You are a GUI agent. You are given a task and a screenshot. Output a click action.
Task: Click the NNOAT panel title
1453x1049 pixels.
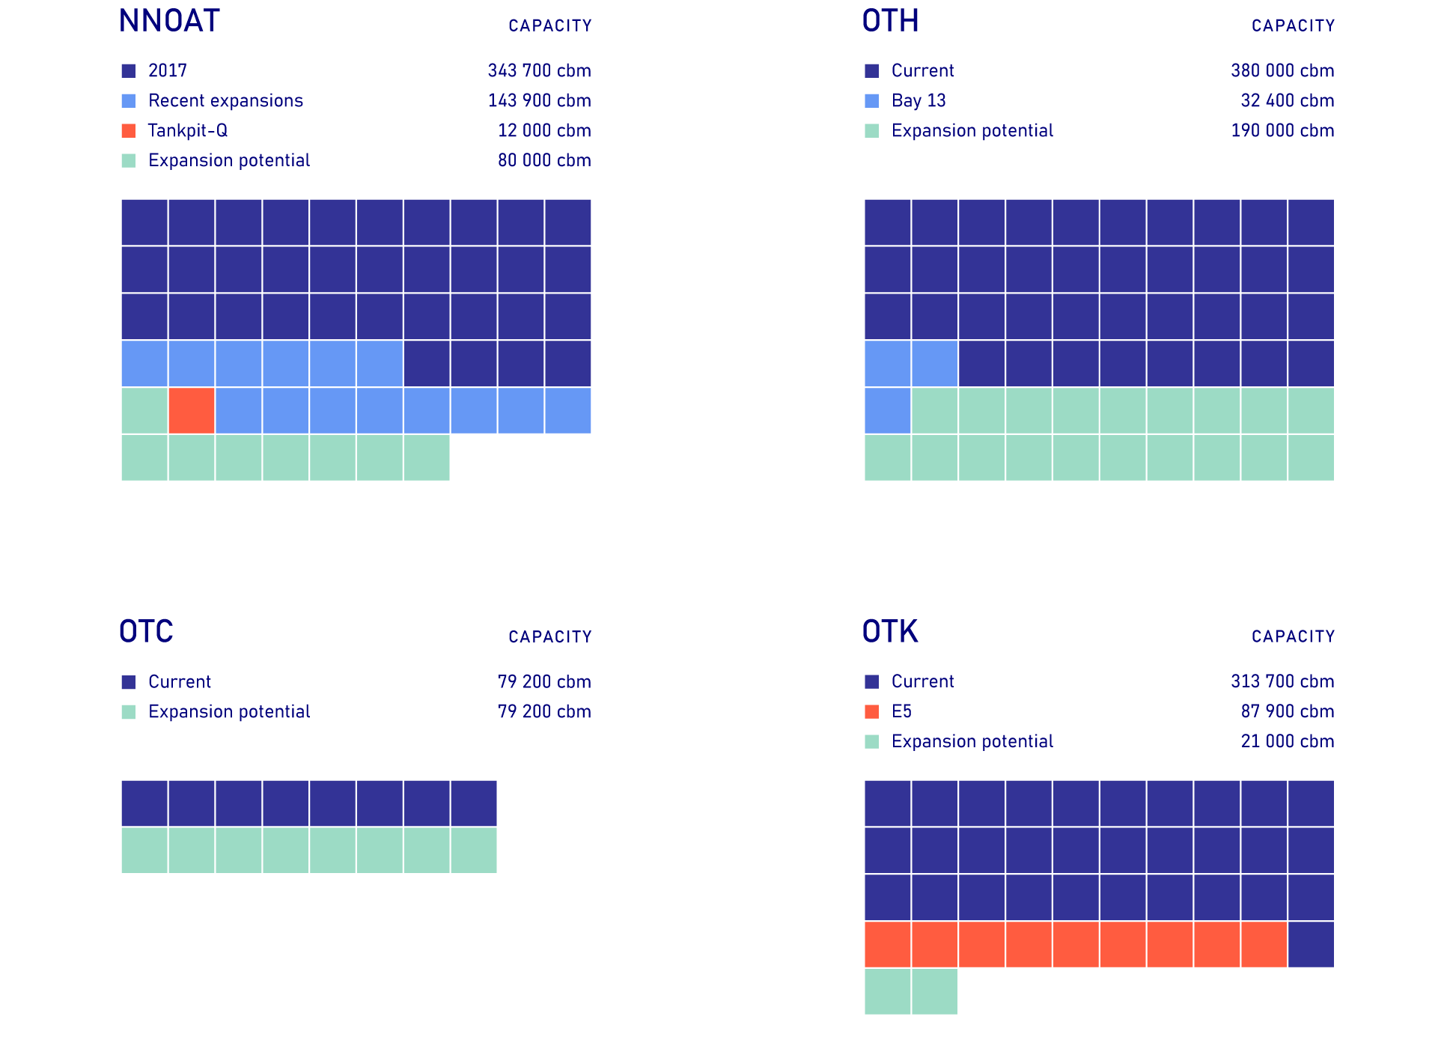pos(169,21)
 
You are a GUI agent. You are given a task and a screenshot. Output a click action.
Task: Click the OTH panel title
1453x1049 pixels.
pos(890,21)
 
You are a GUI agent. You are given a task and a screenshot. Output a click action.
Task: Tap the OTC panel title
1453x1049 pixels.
pos(146,632)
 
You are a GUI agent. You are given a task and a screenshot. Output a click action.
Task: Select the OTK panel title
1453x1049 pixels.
pos(890,632)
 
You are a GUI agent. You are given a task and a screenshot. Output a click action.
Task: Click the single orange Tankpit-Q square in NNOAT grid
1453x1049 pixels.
pos(192,410)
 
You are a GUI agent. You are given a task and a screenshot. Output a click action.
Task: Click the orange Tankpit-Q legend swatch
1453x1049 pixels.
pos(129,131)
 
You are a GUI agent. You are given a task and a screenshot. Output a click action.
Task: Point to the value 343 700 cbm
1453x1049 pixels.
pos(539,71)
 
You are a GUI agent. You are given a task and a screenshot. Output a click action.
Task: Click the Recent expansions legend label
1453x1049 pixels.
pos(225,101)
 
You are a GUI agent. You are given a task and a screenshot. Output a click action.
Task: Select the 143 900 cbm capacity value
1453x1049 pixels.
pos(539,101)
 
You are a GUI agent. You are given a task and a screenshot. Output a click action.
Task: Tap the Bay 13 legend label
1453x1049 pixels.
pos(919,101)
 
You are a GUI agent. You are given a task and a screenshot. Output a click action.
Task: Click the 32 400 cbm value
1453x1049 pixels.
pos(1288,101)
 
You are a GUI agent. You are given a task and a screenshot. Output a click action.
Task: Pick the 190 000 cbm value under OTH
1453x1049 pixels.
pos(1282,131)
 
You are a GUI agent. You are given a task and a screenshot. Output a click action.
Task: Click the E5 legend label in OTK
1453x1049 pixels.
pos(901,711)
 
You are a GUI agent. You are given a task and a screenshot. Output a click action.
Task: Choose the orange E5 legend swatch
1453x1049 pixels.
pos(872,711)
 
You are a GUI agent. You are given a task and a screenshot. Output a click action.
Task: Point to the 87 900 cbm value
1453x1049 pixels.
pos(1288,711)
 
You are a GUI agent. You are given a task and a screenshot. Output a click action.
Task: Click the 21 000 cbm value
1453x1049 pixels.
pos(1288,741)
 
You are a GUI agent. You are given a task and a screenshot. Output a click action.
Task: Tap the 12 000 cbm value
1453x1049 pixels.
pos(544,131)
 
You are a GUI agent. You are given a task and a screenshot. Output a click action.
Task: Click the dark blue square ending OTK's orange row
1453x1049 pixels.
pos(1312,944)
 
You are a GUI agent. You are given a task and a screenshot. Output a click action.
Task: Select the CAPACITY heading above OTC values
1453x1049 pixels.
pos(549,637)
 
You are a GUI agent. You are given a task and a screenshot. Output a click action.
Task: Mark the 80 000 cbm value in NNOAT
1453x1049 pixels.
pos(544,161)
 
